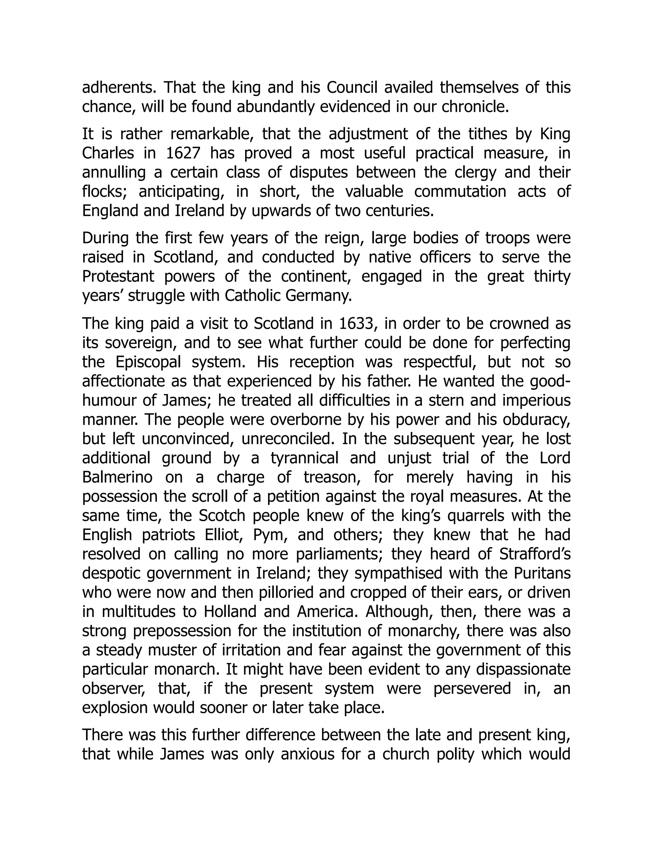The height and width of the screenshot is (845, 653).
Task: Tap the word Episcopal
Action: click(148, 362)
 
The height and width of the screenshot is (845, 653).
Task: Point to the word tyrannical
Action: click(304, 458)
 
